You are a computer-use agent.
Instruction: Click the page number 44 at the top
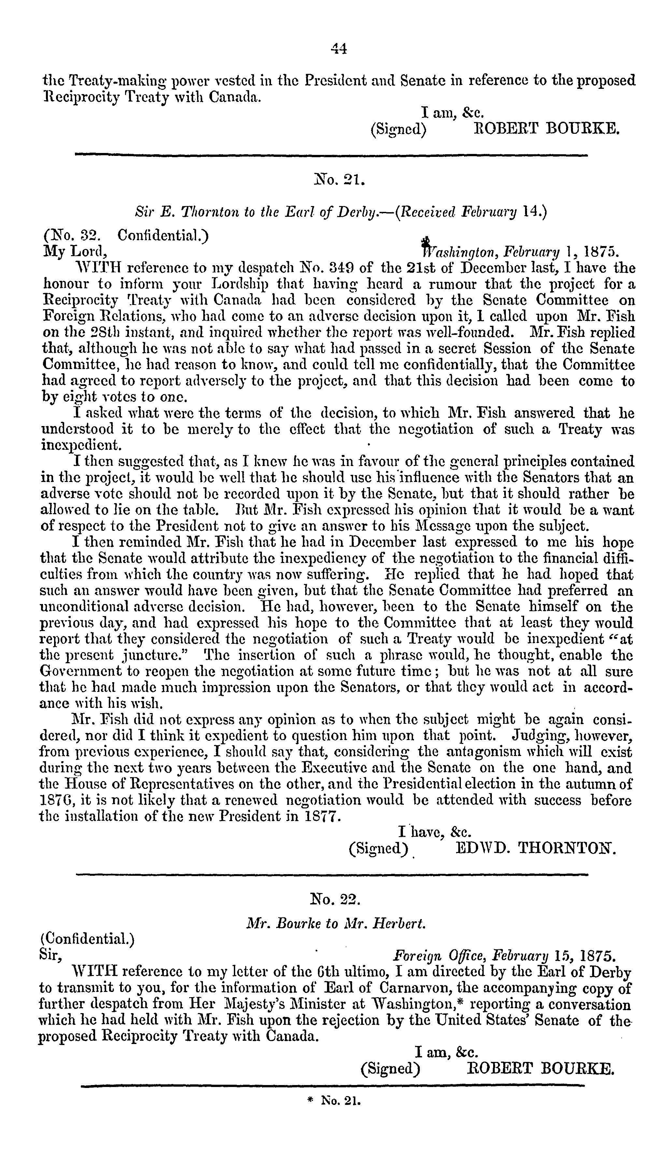(338, 49)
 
